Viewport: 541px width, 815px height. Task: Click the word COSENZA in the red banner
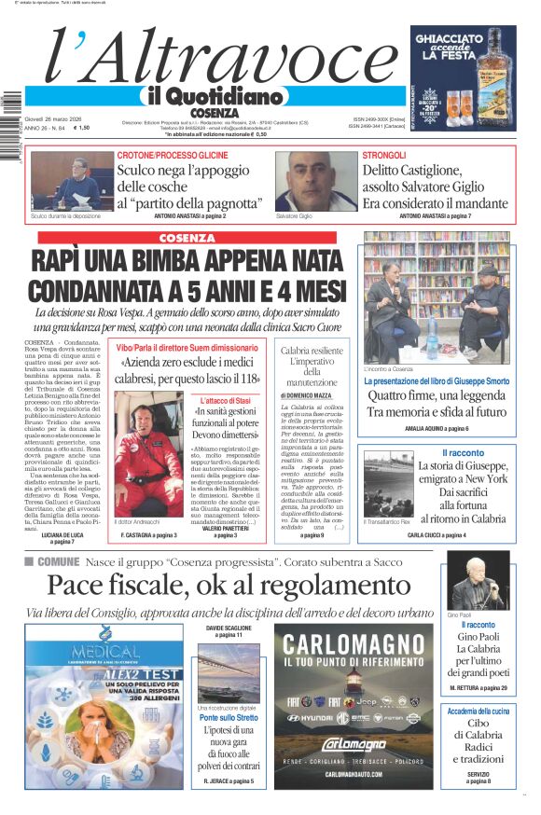coord(187,238)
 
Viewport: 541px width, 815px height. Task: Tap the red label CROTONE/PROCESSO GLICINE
coord(173,155)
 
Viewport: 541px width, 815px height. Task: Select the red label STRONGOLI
coord(384,155)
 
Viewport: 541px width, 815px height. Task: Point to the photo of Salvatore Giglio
coord(315,181)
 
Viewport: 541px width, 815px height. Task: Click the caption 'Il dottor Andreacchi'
coord(137,521)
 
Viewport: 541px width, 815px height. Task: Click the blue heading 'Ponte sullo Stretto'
coord(228,718)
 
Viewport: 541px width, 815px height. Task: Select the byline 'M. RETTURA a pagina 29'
coord(478,687)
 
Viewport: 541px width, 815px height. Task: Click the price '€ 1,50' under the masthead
coord(82,129)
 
